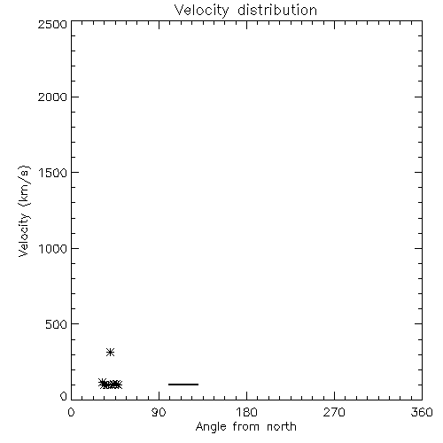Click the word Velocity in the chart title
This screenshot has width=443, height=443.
pyautogui.click(x=202, y=11)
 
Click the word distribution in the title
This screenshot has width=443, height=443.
pyautogui.click(x=277, y=10)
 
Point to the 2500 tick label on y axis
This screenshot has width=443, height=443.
pyautogui.click(x=52, y=24)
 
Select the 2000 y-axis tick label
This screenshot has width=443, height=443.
pyautogui.click(x=52, y=97)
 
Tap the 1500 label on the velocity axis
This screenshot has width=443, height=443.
pyautogui.click(x=53, y=173)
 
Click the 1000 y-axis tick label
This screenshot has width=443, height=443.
pyautogui.click(x=53, y=249)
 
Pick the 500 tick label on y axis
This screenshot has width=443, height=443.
pyautogui.click(x=57, y=324)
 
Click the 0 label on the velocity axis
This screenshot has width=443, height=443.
pyautogui.click(x=64, y=396)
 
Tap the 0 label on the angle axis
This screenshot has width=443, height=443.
pyautogui.click(x=71, y=412)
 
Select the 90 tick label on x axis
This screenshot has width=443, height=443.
pyautogui.click(x=159, y=412)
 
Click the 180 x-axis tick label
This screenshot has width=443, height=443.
pyautogui.click(x=246, y=412)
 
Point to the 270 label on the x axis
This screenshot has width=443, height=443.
pyautogui.click(x=334, y=412)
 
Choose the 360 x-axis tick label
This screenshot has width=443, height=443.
pyautogui.click(x=422, y=412)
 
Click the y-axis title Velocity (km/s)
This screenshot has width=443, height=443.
pyautogui.click(x=24, y=211)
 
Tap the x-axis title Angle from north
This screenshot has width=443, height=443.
pyautogui.click(x=246, y=427)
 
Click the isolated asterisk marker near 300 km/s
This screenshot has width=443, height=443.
pyautogui.click(x=110, y=352)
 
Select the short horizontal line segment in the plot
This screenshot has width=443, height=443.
pyautogui.click(x=183, y=385)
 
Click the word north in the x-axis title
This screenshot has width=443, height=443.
pyautogui.click(x=282, y=426)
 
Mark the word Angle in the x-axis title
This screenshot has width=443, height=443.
pyautogui.click(x=211, y=427)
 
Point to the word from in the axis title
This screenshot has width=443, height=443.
pyautogui.click(x=247, y=426)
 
